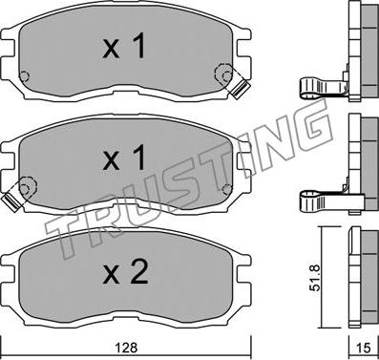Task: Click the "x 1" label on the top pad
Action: coord(124,47)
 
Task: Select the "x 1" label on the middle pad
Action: coord(124,158)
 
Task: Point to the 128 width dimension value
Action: coord(127,348)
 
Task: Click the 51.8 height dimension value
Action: coord(315,278)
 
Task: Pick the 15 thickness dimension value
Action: coord(363,348)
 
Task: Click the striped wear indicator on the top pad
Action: coord(241,89)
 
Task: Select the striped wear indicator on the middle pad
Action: coord(11,202)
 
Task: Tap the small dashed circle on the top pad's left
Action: coord(24,76)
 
